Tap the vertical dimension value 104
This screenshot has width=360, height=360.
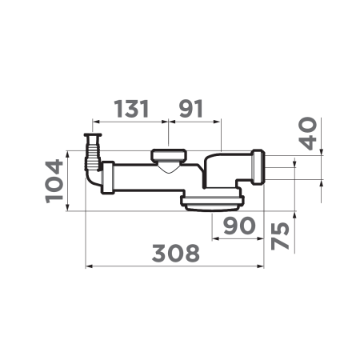click(54, 181)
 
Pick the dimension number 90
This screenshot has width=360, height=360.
click(238, 226)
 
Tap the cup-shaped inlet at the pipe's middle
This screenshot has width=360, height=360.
click(166, 158)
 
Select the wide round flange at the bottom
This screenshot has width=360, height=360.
click(212, 200)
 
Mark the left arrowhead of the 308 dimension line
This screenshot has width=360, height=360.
click(88, 266)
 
